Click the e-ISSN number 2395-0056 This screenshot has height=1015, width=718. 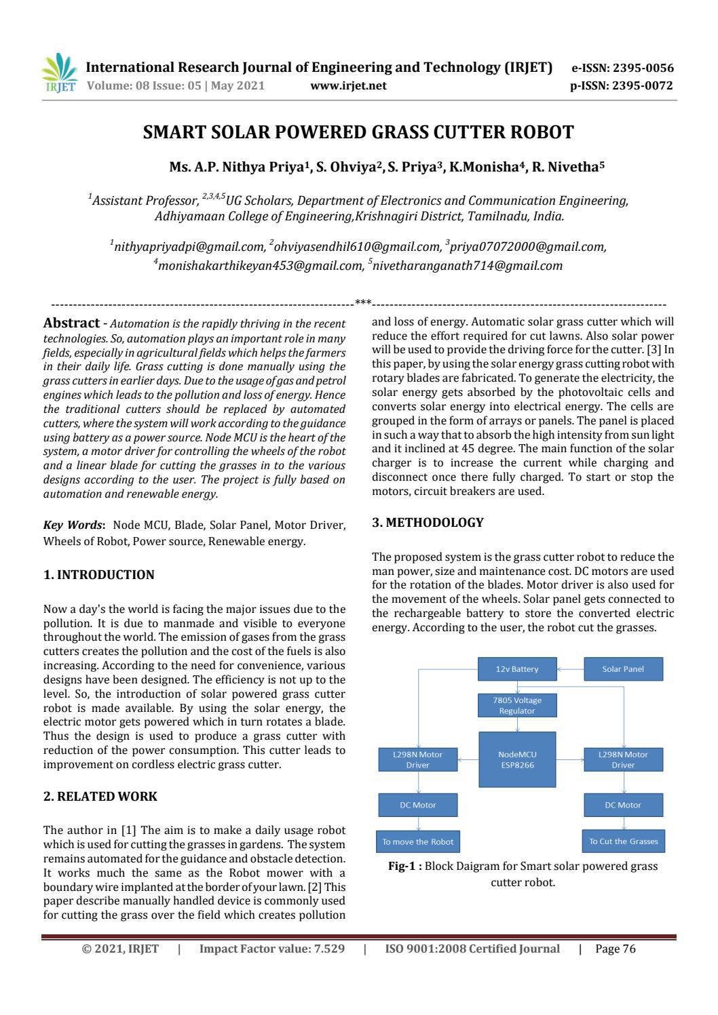tap(643, 68)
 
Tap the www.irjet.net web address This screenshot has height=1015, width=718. tap(348, 85)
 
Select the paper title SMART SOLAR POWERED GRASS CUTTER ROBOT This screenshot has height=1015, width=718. tap(358, 132)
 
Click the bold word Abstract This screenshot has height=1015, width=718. tap(71, 323)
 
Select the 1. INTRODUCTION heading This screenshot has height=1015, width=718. tap(99, 575)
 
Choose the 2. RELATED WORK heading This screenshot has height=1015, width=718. tap(100, 797)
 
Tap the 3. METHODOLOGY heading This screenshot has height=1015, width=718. tap(428, 523)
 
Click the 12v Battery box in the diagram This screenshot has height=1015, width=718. tap(517, 669)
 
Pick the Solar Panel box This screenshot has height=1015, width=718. tap(623, 669)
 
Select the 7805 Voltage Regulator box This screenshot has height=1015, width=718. tap(517, 705)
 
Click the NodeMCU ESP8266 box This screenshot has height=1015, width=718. tap(517, 759)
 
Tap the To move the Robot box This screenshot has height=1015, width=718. tap(418, 841)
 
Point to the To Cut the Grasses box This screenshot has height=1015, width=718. tap(623, 841)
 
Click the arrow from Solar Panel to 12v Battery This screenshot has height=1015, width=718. tap(570, 669)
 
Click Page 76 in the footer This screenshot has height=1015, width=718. tap(615, 949)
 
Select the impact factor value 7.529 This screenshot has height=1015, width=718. tap(328, 949)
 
